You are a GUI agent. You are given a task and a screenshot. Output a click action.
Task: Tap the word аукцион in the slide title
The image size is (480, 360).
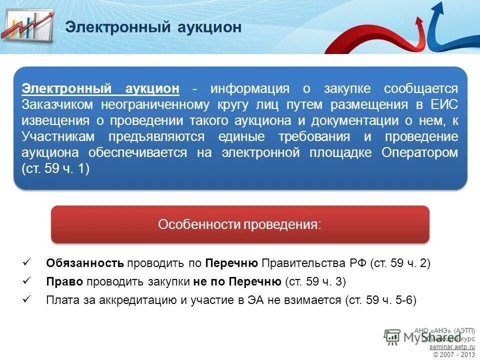209,27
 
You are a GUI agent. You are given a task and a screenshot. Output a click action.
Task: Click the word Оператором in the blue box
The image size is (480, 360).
419,153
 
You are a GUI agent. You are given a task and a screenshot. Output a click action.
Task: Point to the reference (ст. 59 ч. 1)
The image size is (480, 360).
55,169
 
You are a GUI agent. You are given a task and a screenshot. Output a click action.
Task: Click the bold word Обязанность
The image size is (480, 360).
84,263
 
